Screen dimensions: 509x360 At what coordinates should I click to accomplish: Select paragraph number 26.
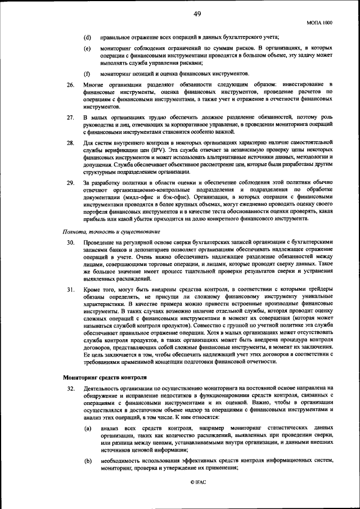71,84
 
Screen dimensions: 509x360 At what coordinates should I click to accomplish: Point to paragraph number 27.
71,117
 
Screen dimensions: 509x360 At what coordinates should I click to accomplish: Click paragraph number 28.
71,144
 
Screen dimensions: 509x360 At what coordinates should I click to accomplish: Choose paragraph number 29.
71,184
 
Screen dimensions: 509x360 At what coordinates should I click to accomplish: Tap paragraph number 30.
71,242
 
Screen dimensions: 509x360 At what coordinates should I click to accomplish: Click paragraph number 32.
71,389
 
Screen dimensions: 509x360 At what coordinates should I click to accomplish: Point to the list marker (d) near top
87,37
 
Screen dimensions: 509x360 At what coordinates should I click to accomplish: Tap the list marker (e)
87,49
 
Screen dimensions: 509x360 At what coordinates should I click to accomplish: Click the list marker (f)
87,74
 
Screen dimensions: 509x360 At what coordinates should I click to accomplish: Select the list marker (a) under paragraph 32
88,429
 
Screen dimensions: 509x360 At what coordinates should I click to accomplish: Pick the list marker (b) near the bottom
88,461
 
